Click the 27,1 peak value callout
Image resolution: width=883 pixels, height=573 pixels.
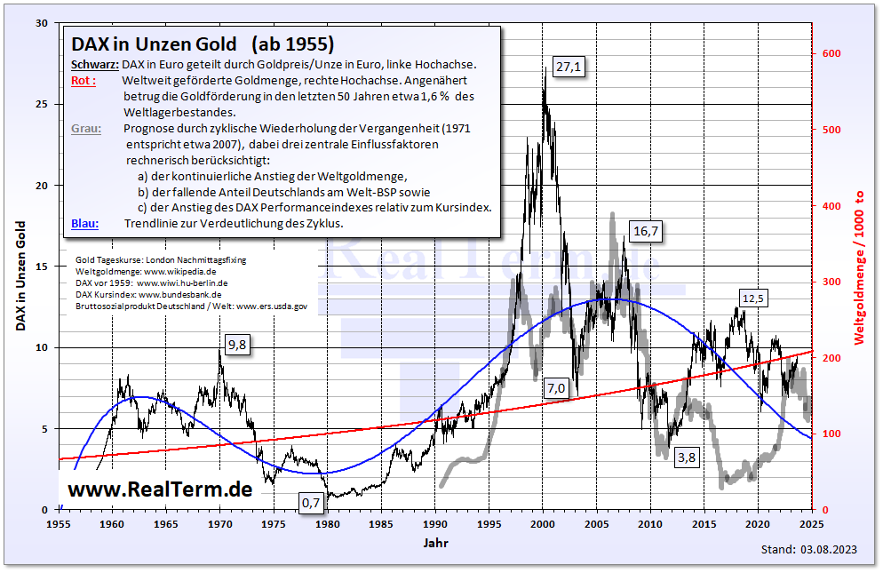pos(569,67)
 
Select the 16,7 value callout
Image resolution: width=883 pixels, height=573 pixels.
pos(646,231)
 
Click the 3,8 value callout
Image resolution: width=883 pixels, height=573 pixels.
pos(687,458)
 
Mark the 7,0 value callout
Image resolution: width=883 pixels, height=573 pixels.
pos(556,387)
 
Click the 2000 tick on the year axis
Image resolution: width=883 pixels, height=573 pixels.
pos(543,525)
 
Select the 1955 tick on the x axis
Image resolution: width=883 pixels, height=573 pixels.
pos(60,525)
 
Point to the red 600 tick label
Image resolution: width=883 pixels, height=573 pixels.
pos(831,54)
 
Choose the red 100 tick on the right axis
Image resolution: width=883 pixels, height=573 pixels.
pos(831,434)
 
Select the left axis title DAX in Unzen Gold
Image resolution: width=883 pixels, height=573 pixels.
pos(20,275)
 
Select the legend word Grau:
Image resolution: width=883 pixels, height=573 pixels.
pos(85,128)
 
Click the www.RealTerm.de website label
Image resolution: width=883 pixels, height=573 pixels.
pos(160,489)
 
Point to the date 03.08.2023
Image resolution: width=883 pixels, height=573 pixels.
pos(832,551)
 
